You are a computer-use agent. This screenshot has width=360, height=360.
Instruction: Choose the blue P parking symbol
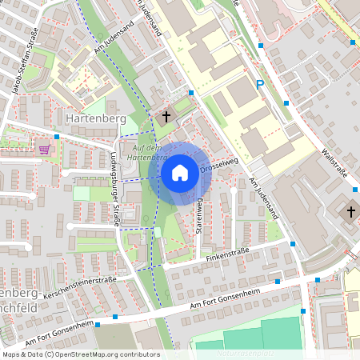point(258,84)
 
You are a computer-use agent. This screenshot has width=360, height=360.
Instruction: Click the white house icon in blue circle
point(180,172)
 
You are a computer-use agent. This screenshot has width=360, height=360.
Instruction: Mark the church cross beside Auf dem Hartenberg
point(166,117)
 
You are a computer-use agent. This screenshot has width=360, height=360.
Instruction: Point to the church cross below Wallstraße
point(350,212)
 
